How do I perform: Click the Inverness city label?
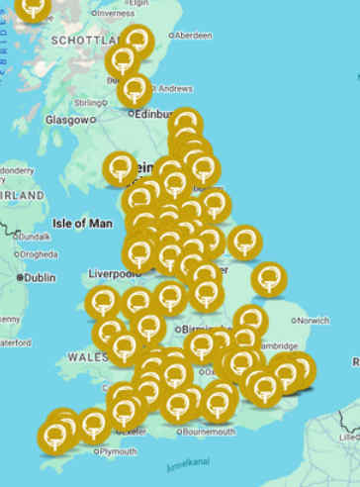pos(116,14)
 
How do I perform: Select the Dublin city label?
pos(40,278)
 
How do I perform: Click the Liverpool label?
pos(113,273)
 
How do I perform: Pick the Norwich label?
pos(313,321)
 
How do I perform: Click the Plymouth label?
pos(118,451)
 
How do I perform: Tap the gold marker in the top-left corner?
pos(34,9)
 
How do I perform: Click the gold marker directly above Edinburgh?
pos(135,91)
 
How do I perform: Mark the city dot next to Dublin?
pos(20,278)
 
